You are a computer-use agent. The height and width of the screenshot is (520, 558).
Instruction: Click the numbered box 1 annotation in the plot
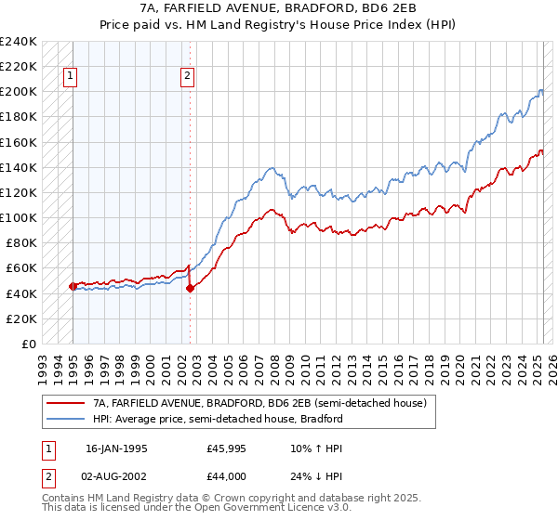72,77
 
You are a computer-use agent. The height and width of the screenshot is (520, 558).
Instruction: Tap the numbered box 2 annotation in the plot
188,77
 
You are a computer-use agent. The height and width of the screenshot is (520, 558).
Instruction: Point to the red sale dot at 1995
73,286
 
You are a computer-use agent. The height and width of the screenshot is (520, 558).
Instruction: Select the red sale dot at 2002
190,288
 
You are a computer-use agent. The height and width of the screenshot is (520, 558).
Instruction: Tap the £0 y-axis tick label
28,344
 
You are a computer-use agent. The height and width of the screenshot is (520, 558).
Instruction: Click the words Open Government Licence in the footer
226,508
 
